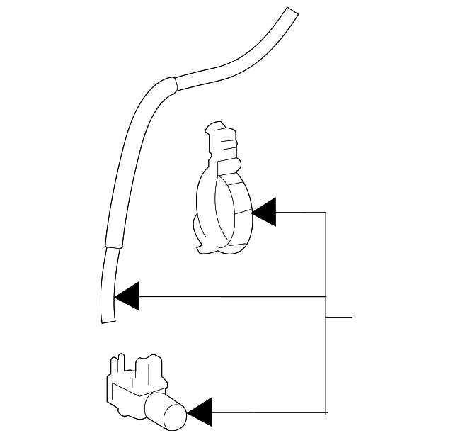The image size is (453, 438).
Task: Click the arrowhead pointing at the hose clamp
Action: point(265,212)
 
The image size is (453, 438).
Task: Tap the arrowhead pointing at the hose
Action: point(127,296)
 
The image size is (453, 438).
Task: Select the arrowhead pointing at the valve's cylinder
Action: point(199,411)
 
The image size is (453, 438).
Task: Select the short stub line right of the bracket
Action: point(339,317)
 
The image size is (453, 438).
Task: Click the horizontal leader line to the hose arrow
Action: point(234,296)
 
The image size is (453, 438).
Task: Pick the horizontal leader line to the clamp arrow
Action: point(301,212)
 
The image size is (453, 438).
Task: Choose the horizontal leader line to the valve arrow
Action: point(269,411)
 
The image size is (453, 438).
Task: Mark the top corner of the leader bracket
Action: point(326,212)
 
